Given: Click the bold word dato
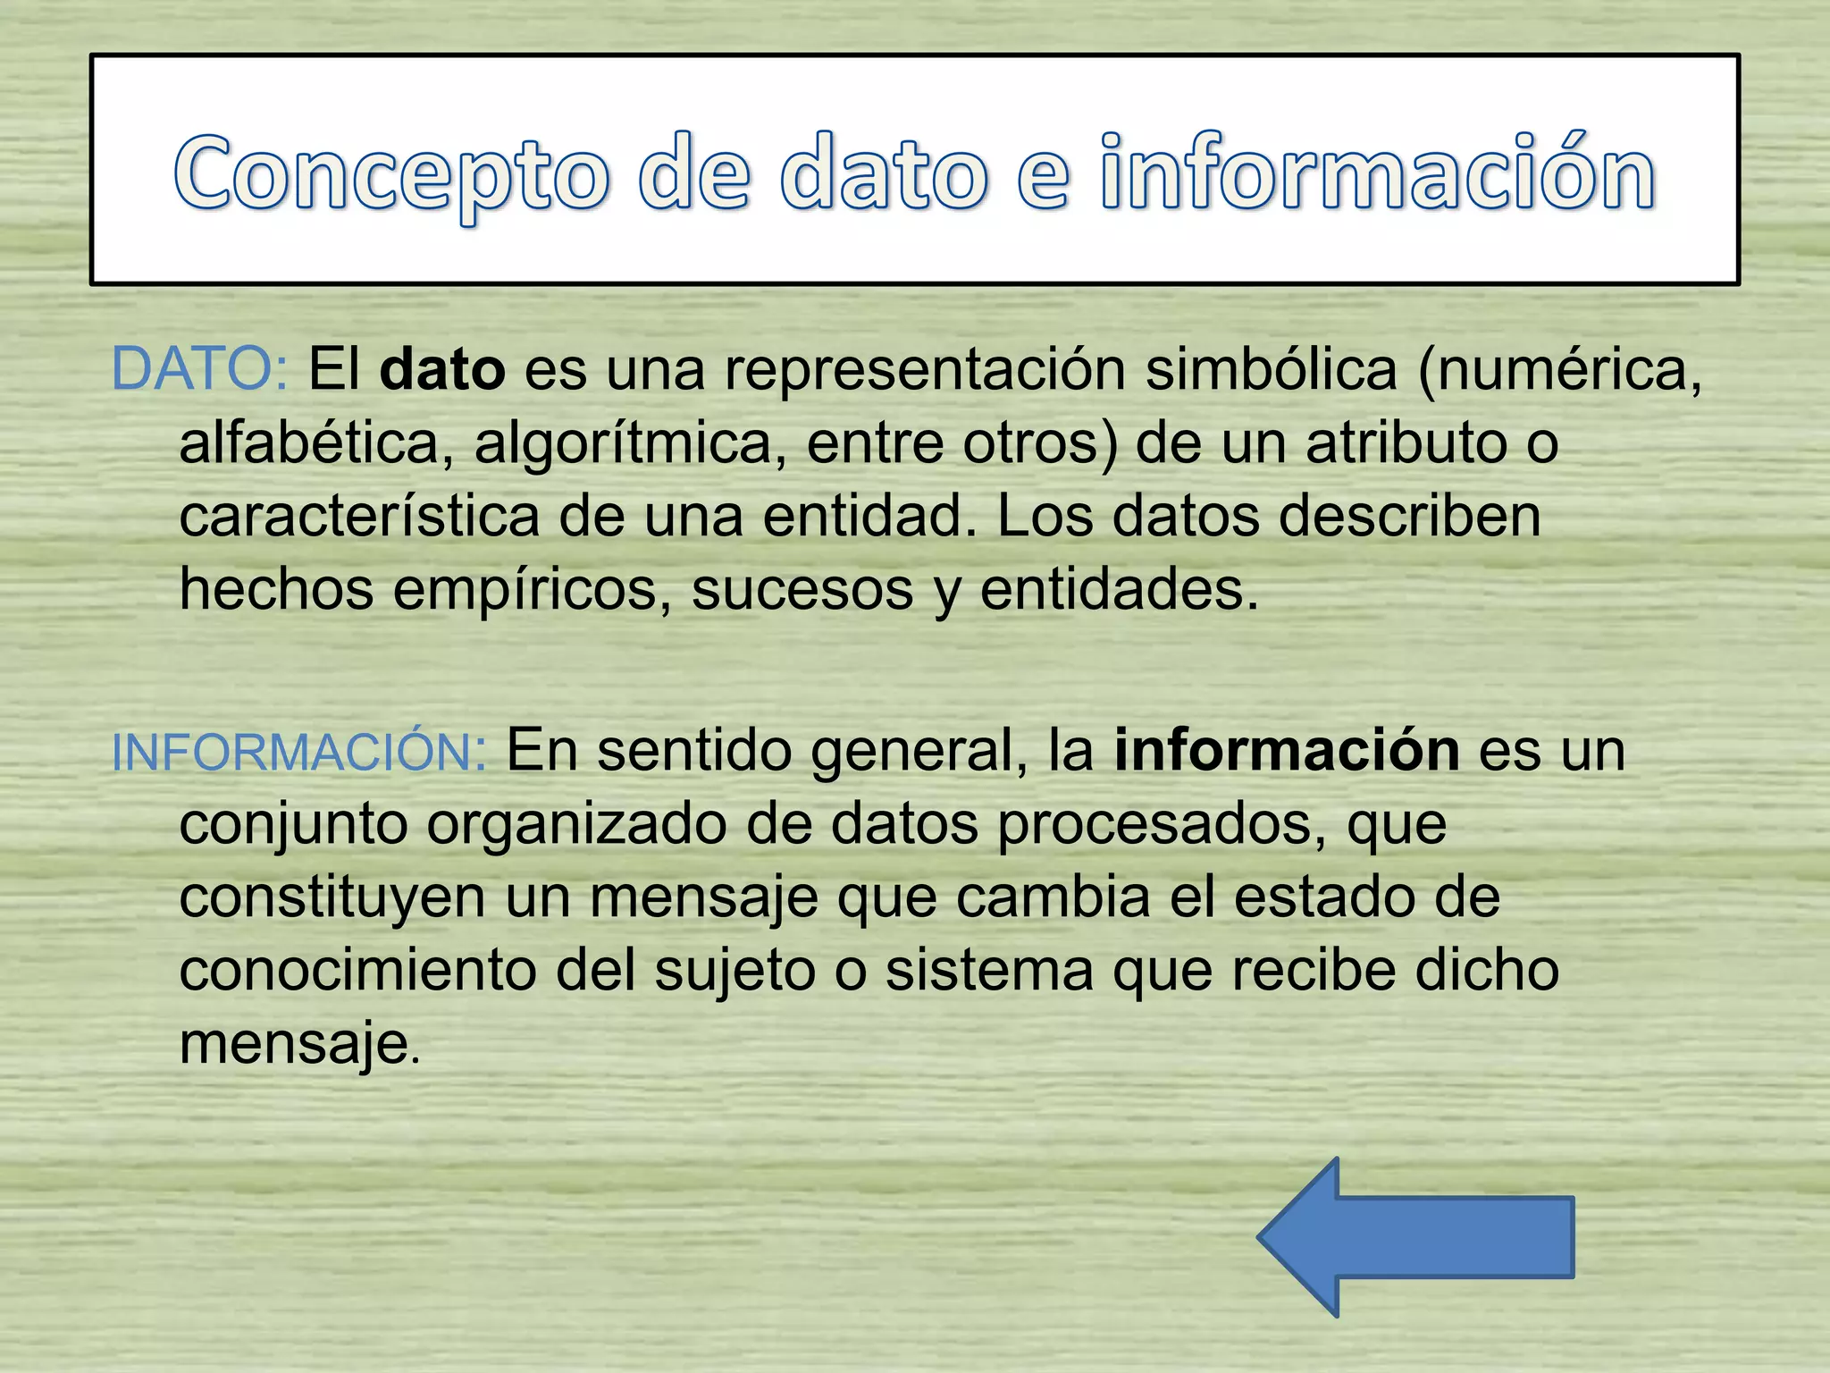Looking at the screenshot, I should pyautogui.click(x=442, y=369).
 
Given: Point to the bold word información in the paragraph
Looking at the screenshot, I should pyautogui.click(x=1287, y=751).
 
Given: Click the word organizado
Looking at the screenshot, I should pyautogui.click(x=576, y=825).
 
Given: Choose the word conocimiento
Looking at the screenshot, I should pyautogui.click(x=357, y=971).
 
